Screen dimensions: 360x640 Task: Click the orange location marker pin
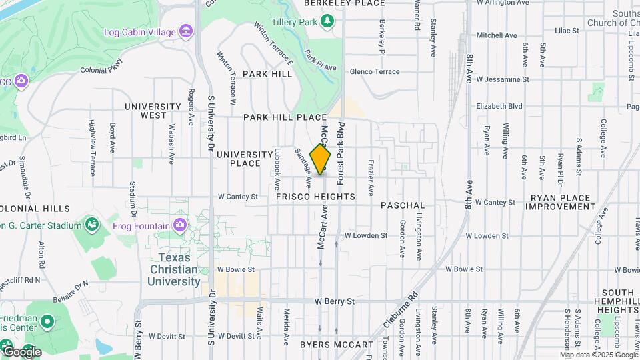pyautogui.click(x=320, y=159)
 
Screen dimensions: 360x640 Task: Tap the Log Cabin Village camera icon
pyautogui.click(x=186, y=31)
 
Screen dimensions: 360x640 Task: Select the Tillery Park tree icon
pyautogui.click(x=327, y=22)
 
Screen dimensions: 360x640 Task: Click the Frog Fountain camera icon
pyautogui.click(x=179, y=225)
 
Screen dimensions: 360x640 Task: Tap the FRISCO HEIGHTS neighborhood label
pyautogui.click(x=315, y=197)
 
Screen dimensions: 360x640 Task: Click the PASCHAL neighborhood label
pyautogui.click(x=403, y=205)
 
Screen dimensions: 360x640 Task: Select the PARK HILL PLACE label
pyautogui.click(x=285, y=117)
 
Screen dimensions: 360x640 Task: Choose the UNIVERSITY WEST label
pyautogui.click(x=153, y=111)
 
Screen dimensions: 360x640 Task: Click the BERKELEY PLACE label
pyautogui.click(x=344, y=3)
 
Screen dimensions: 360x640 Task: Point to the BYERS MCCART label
pyautogui.click(x=337, y=345)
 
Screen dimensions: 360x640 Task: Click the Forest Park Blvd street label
pyautogui.click(x=340, y=153)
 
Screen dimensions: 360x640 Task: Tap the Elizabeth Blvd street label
pyautogui.click(x=499, y=105)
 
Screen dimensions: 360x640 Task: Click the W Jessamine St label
pyautogui.click(x=503, y=79)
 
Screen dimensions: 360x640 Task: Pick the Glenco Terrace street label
pyautogui.click(x=374, y=72)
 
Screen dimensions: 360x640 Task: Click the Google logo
pyautogui.click(x=21, y=351)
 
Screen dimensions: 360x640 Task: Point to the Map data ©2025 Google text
pyautogui.click(x=598, y=355)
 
